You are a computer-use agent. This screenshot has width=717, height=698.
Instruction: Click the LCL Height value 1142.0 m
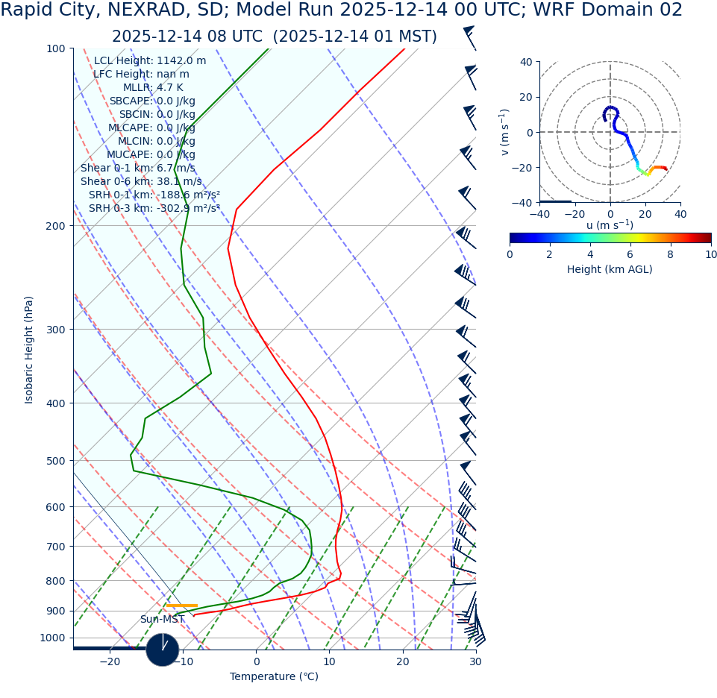click(x=181, y=61)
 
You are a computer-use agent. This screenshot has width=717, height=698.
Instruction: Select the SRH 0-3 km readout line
click(x=154, y=209)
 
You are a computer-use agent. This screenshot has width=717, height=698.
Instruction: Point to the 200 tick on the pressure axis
click(x=57, y=226)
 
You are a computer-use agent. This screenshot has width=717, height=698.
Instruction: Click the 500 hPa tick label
click(x=57, y=461)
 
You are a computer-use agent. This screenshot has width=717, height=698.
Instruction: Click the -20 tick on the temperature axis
click(x=110, y=661)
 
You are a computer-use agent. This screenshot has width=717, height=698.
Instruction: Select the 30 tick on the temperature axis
click(x=476, y=661)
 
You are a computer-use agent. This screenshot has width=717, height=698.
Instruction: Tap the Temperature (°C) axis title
click(x=274, y=677)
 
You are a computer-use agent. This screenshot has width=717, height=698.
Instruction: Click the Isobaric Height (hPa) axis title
click(x=29, y=350)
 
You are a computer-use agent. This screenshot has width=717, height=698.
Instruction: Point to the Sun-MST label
click(x=162, y=620)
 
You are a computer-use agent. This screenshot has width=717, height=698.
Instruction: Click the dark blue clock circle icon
click(x=163, y=650)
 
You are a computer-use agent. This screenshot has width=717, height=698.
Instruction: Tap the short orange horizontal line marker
click(x=181, y=606)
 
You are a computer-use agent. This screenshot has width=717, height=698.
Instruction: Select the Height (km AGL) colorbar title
click(x=610, y=270)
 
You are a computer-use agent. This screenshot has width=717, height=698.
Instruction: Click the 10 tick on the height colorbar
click(x=710, y=254)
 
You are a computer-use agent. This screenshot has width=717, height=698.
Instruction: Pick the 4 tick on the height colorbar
click(x=590, y=254)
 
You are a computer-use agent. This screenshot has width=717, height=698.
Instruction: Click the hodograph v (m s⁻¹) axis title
click(x=505, y=132)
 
